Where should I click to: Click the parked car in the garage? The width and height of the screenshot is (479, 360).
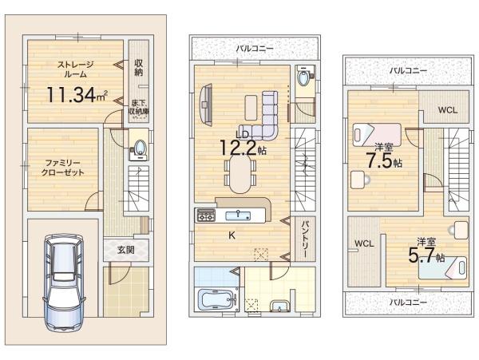[64, 283]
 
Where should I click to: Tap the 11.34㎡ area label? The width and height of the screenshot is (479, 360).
[77, 94]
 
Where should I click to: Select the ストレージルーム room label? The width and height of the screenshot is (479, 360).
[76, 69]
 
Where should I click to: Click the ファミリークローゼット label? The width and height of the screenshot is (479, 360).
[62, 168]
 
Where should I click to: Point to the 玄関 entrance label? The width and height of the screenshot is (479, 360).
[126, 250]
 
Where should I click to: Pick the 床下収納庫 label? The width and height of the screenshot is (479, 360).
[139, 107]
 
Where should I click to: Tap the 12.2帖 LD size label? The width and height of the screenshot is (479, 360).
[243, 148]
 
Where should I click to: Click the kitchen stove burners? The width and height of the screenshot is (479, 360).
[206, 215]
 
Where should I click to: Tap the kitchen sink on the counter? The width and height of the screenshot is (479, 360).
[238, 216]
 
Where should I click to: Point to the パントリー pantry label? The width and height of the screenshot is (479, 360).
[306, 239]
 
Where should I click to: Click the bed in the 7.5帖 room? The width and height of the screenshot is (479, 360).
[376, 134]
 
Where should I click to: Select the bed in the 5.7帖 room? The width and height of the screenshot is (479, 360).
[443, 267]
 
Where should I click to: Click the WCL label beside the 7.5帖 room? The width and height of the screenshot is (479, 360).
[448, 110]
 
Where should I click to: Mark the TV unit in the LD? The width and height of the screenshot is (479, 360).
[207, 104]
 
